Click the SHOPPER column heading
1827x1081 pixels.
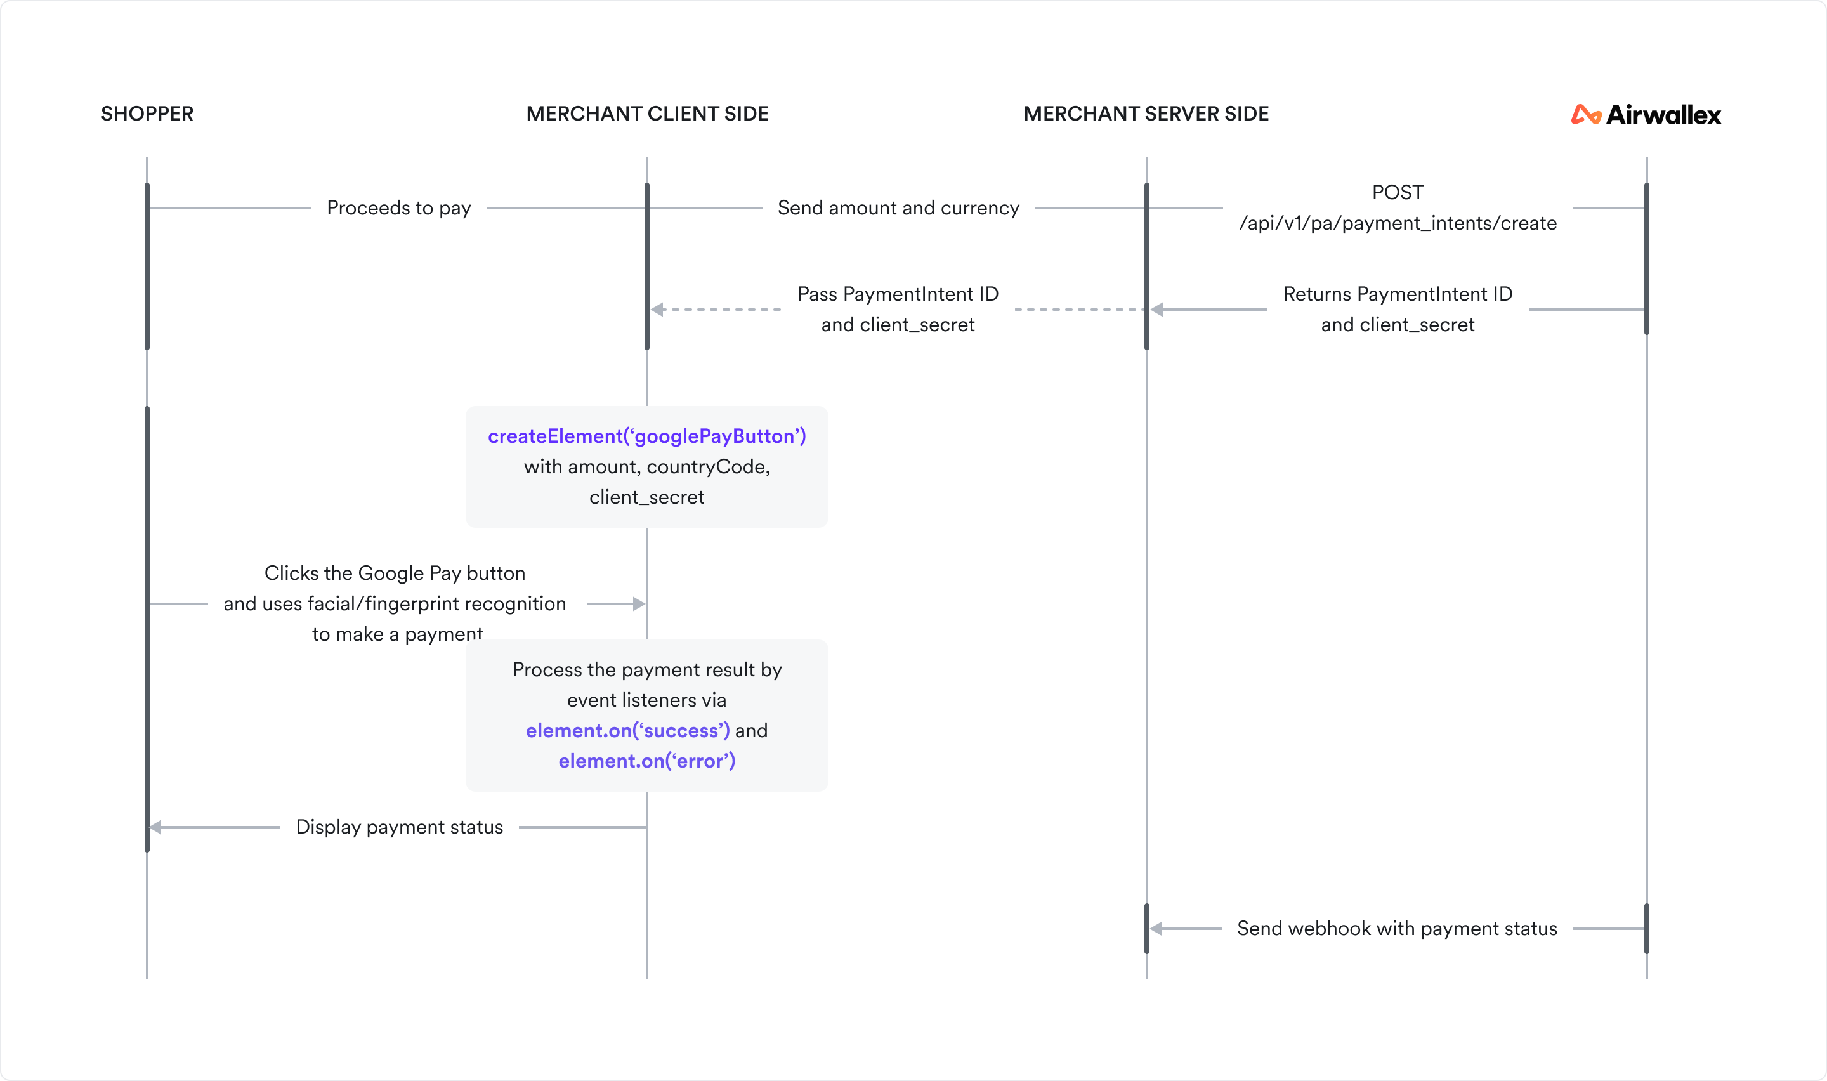(147, 114)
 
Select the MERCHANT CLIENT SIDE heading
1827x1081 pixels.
(646, 114)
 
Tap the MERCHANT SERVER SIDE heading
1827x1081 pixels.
(1146, 114)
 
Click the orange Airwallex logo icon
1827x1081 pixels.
(1585, 115)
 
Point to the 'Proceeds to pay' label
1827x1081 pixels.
(398, 208)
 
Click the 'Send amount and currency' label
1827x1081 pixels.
(898, 208)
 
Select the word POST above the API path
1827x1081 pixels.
(1398, 192)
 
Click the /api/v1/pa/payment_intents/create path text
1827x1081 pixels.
(1398, 224)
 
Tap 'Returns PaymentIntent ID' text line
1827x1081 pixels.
(1398, 294)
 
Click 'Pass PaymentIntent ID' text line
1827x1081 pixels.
(898, 294)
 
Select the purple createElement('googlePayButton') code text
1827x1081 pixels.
(646, 436)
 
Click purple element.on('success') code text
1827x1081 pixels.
(627, 731)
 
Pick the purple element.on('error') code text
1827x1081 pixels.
(646, 761)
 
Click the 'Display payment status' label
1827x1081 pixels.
(399, 827)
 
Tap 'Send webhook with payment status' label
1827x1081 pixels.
(1397, 929)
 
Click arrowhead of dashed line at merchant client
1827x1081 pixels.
(657, 310)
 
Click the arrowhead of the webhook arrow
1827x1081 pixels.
(1156, 929)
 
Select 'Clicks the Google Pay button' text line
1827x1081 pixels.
(395, 573)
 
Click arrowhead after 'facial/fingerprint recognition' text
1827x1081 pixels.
(639, 604)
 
